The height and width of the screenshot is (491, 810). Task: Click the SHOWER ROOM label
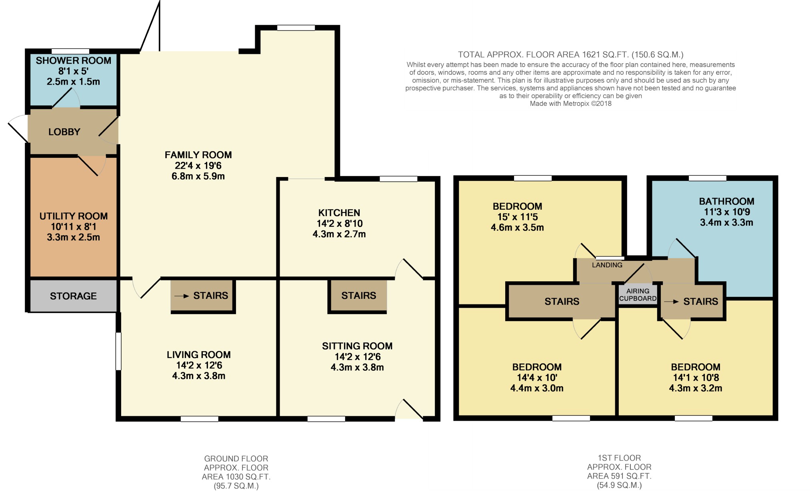coord(74,61)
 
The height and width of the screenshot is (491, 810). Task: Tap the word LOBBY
coord(64,132)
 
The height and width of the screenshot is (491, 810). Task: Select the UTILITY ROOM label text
coord(74,216)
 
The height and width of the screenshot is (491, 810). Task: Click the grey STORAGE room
coord(73,296)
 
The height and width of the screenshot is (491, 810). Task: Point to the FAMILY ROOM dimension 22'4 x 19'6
coord(198,165)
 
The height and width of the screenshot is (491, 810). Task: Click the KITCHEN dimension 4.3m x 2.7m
coord(339,234)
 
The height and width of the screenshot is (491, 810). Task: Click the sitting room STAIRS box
coord(358,296)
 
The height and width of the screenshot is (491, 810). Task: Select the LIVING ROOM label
coord(199,355)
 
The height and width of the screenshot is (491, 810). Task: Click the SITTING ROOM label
coord(357,346)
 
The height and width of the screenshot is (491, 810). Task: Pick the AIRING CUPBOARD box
coord(638,295)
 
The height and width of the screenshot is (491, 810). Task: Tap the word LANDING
coord(607,265)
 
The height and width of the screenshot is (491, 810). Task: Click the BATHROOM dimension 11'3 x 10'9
coord(727,212)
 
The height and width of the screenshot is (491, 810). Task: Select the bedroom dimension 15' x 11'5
coord(517,217)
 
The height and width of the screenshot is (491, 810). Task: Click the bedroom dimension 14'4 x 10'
coord(537,378)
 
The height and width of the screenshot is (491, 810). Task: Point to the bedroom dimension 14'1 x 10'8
coord(696,378)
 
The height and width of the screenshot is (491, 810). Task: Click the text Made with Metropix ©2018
coord(570,103)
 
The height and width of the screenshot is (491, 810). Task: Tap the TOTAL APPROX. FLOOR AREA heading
coord(570,55)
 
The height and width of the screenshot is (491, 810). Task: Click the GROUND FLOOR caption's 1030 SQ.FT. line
coord(236,477)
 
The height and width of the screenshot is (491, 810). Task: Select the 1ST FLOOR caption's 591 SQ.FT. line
coord(619,476)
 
